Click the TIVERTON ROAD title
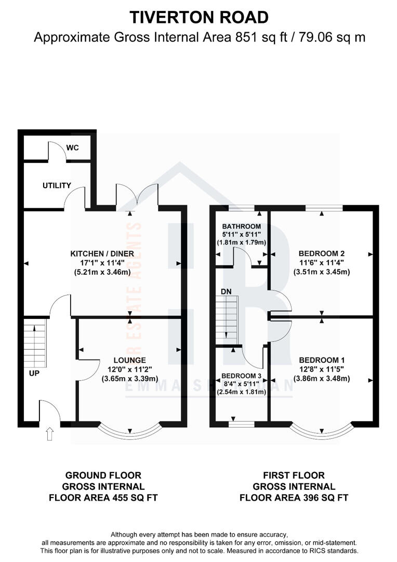pyautogui.click(x=199, y=17)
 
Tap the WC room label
pyautogui.click(x=73, y=148)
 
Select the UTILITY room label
pyautogui.click(x=57, y=185)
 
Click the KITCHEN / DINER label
pyautogui.click(x=102, y=253)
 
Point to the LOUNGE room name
pyautogui.click(x=130, y=360)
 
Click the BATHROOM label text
pyautogui.click(x=241, y=226)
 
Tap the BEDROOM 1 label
pyautogui.click(x=322, y=360)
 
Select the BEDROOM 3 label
pyautogui.click(x=242, y=376)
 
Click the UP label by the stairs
pyautogui.click(x=35, y=374)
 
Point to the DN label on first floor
pyautogui.click(x=226, y=291)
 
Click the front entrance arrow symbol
pyautogui.click(x=50, y=433)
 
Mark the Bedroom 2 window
pyautogui.click(x=324, y=208)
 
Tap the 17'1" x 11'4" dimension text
pyautogui.click(x=102, y=263)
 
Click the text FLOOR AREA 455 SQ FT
pyautogui.click(x=103, y=497)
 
